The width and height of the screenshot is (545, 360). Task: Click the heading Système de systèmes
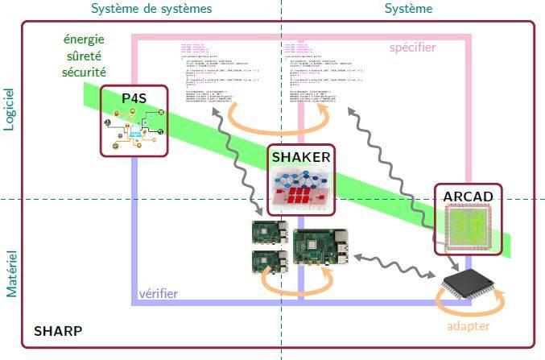[x=151, y=9]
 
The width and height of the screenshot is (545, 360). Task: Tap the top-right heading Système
[x=408, y=9]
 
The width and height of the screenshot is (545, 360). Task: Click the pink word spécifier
[x=412, y=48]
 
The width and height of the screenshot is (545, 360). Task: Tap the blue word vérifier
[x=158, y=293]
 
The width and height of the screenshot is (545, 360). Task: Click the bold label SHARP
[x=57, y=331]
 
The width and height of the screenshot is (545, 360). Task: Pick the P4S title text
[x=134, y=98]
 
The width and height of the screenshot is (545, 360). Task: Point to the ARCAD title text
[x=468, y=197]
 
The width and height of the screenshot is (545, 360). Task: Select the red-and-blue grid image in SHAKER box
[x=300, y=188]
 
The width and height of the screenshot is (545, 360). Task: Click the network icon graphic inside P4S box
[x=134, y=129]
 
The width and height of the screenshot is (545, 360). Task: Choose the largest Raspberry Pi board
[x=320, y=247]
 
